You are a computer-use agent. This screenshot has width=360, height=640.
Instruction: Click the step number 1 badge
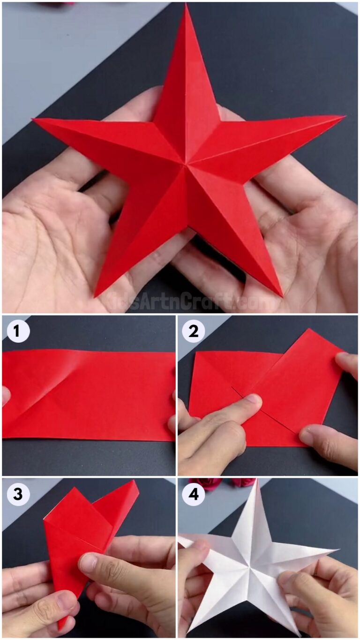click(x=18, y=331)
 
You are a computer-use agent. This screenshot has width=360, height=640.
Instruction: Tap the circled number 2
click(x=193, y=331)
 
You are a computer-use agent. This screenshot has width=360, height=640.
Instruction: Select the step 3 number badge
click(x=18, y=494)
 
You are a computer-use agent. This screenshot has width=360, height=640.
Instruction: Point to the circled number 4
click(x=193, y=494)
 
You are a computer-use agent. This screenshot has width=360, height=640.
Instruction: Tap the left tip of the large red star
click(x=33, y=120)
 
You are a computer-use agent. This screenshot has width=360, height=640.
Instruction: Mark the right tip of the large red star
click(x=344, y=116)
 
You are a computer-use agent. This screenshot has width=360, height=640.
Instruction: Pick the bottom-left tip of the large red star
click(x=95, y=297)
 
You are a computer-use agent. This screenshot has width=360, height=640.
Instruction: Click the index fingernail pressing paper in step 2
click(x=253, y=399)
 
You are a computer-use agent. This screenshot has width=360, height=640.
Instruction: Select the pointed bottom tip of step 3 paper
click(x=60, y=629)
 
